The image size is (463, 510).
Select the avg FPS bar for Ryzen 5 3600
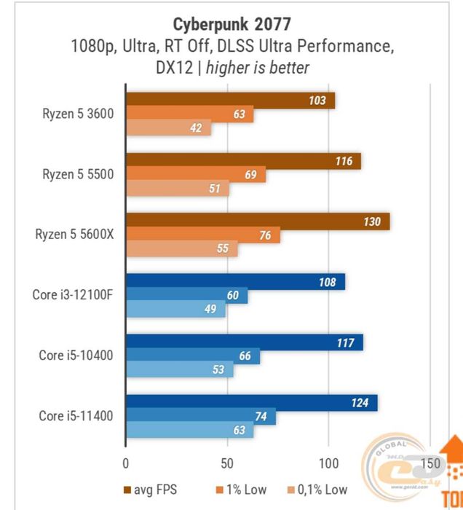click(230, 101)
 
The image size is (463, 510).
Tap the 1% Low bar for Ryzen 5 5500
click(196, 175)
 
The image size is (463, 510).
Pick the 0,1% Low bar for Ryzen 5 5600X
click(182, 249)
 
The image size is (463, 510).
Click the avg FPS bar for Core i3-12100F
click(235, 282)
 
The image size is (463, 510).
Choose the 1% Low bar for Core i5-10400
click(193, 356)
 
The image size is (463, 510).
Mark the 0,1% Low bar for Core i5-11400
click(190, 431)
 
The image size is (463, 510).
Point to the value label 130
click(372, 222)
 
